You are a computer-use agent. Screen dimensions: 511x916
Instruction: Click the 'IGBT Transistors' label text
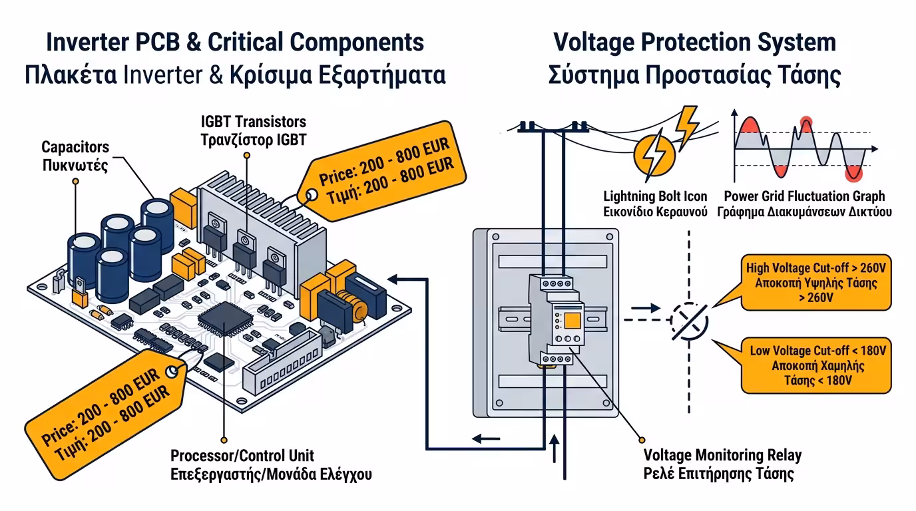(253, 122)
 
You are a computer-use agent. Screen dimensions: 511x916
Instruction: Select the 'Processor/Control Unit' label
(242, 456)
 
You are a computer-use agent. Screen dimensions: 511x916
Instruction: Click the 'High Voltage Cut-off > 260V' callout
(818, 283)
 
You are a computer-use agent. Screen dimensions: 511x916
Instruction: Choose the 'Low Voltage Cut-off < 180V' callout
(818, 365)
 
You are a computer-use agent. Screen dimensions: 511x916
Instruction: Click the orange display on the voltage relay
(572, 323)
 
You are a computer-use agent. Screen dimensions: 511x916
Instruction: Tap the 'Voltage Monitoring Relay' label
(722, 456)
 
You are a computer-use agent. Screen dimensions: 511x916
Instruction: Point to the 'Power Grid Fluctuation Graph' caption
(804, 196)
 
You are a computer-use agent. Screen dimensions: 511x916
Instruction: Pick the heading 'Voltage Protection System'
(694, 42)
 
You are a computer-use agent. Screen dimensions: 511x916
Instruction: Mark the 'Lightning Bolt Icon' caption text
(655, 196)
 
